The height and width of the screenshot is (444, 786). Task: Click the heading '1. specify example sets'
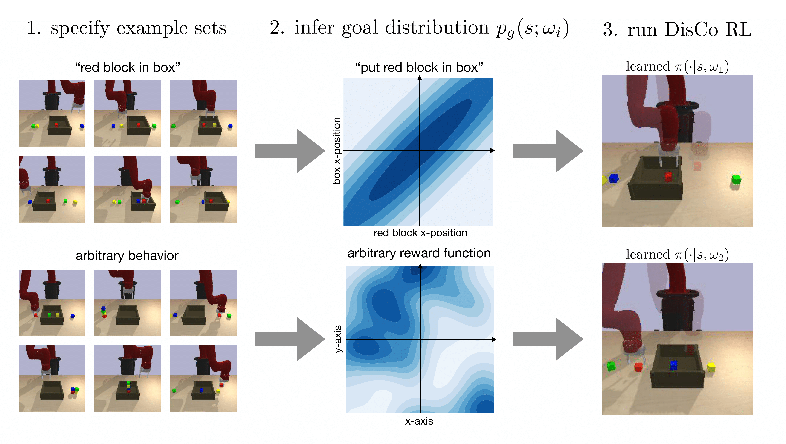127,28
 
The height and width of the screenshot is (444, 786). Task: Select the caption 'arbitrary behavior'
127,256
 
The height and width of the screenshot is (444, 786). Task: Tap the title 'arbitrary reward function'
419,253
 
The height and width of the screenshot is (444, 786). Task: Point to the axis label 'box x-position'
336,151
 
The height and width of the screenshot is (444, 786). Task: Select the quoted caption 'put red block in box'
419,68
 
